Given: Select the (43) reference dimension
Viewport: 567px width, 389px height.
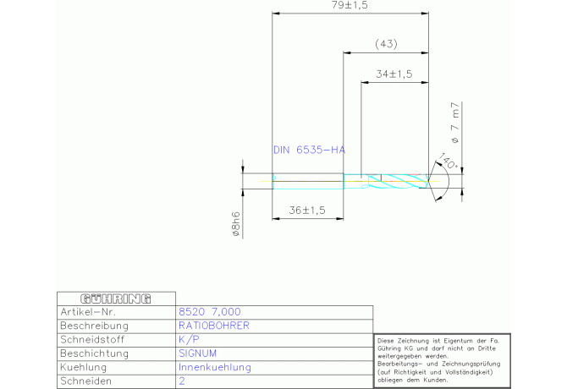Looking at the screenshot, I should [x=386, y=44].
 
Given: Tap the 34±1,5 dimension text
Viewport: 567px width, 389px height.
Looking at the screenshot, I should [x=393, y=74].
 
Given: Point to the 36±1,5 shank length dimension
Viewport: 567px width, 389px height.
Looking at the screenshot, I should [x=308, y=211].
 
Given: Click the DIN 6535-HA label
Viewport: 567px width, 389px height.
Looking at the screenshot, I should [x=309, y=150].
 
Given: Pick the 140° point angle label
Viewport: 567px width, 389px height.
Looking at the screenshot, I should [x=448, y=162].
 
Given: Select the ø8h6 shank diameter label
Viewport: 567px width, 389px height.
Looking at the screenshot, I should [x=238, y=226].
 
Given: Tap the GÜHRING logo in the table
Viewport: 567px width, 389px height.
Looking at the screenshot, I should [x=115, y=299].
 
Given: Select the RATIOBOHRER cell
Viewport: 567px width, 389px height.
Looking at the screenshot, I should [x=213, y=325].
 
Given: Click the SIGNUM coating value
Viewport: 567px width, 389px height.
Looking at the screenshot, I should [x=198, y=353].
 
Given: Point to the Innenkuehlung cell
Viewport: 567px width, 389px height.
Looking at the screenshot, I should [x=215, y=367].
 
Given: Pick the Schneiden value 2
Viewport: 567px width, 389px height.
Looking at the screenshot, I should [x=182, y=381].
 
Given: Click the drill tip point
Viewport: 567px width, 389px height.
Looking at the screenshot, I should [x=429, y=180].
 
